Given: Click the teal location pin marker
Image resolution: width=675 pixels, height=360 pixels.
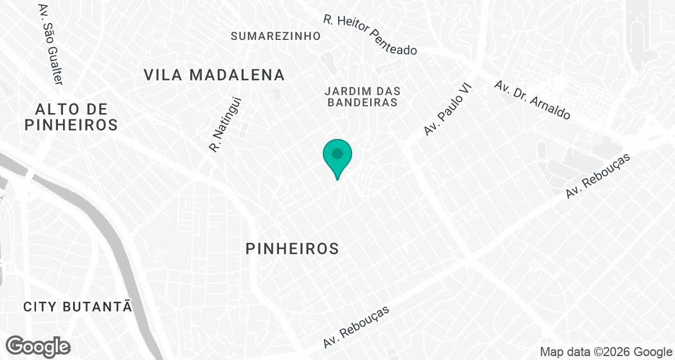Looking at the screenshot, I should pos(337,157).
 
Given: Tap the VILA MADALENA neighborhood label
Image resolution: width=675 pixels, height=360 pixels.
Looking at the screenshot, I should pos(214,75).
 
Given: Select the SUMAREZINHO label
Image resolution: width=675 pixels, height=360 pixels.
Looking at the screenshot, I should pos(276,36).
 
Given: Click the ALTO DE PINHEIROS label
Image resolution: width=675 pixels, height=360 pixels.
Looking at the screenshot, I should pos(71,117).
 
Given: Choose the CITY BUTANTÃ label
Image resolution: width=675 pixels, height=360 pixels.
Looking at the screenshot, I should pos(78,307).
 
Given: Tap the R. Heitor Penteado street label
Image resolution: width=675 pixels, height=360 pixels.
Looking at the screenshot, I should pos(370,35).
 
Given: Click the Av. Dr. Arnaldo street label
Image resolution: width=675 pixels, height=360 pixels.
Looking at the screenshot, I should pos(532,100).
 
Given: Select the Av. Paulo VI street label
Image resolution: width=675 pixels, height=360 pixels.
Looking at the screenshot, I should pos(448,109).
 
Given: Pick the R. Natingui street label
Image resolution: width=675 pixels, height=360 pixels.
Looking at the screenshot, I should pos(224,125).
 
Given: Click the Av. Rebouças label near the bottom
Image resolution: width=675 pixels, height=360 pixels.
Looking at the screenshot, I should pos(356,327).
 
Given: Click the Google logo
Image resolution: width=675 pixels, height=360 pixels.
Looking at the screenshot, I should pos(38,345).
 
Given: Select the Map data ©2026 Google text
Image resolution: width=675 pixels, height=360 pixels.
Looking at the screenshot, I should pos(605,352).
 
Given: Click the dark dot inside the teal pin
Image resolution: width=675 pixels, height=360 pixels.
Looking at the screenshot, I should pos(337,153).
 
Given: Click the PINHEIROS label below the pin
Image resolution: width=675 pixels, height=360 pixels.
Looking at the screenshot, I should pos(292,248).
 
